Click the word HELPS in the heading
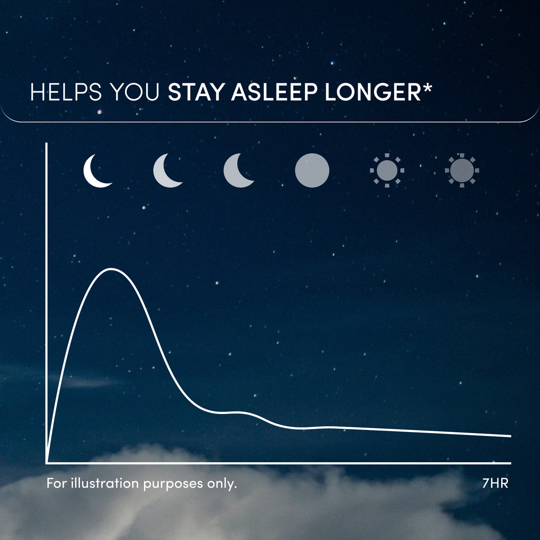coord(66,92)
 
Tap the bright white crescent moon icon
coord(96,171)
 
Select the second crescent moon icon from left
coord(167,171)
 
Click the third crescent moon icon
coord(238,171)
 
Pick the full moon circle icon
coord(312,170)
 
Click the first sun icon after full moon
coord(387,170)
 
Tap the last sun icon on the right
coord(462,170)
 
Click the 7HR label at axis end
coord(495,483)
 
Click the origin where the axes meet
coord(47,463)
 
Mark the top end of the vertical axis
coord(47,144)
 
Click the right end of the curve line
coord(510,436)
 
